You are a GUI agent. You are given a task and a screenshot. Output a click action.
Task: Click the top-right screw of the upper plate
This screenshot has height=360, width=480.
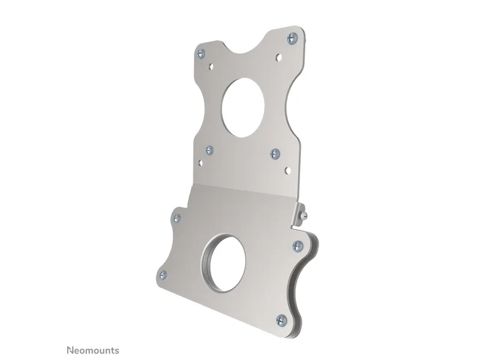(x=292, y=38)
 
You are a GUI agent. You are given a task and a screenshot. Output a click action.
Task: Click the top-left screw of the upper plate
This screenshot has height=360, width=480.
(x=201, y=54)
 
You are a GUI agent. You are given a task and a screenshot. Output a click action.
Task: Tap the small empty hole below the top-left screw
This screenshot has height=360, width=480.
(x=211, y=65)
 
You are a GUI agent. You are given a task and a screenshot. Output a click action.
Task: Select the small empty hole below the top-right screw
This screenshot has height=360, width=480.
(x=278, y=57)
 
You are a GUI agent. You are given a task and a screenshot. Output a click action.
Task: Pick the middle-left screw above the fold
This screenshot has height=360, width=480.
(x=209, y=150)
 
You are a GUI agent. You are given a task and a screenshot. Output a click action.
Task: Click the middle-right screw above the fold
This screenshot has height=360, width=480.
(x=275, y=154)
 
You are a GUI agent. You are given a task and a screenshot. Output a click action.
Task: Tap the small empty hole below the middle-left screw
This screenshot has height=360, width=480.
(x=200, y=163)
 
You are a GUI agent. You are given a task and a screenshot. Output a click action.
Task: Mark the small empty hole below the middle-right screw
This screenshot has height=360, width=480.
(x=287, y=170)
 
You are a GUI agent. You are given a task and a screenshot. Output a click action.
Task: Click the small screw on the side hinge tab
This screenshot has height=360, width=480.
(x=304, y=216)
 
